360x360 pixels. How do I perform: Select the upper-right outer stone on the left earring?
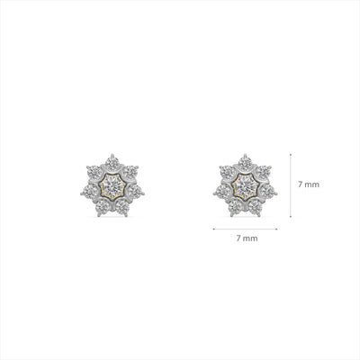coord(130,171)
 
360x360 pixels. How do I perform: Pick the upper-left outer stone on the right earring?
coord(228,171)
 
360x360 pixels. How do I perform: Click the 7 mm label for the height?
coord(307,184)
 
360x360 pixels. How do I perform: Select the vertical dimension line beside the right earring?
coord(289,184)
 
